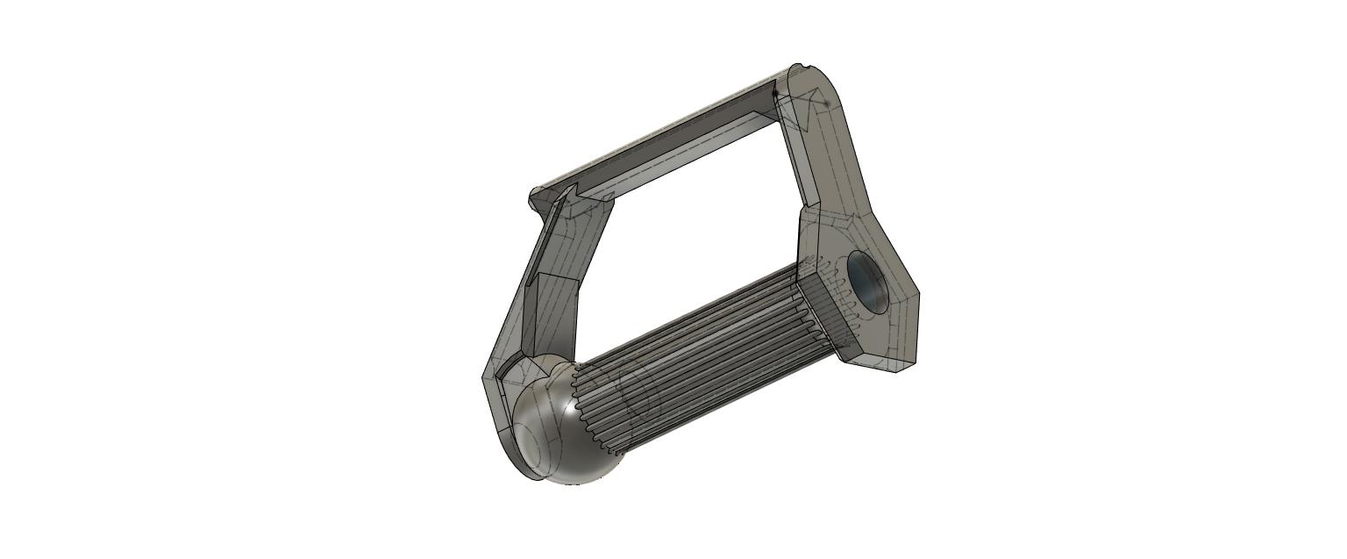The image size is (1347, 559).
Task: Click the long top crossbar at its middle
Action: (666, 132)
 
